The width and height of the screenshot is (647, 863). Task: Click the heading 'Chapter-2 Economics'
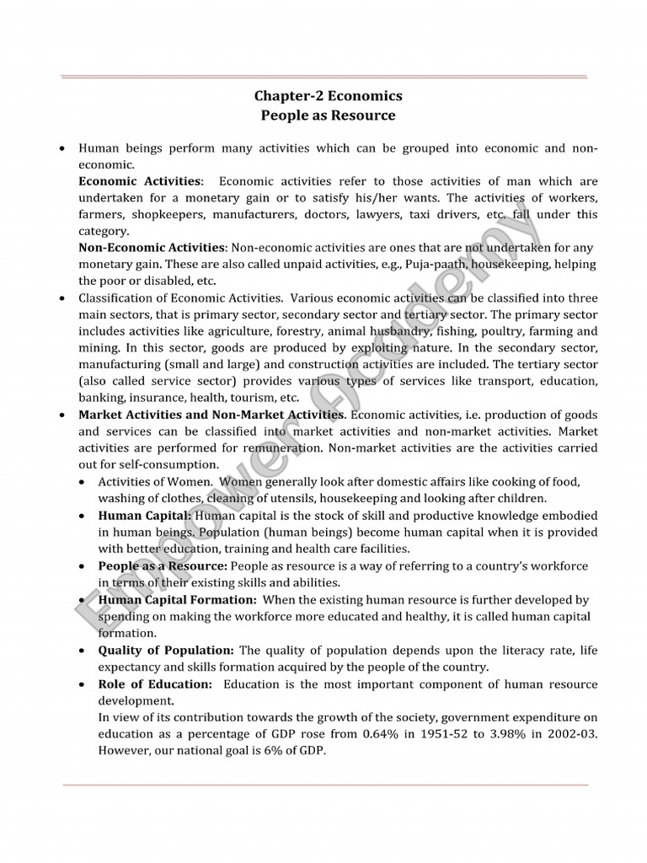(x=328, y=96)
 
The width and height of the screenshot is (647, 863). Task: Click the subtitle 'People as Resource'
(x=328, y=115)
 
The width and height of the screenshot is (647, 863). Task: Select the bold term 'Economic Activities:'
(x=141, y=182)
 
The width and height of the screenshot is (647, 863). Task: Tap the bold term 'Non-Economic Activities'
(x=152, y=248)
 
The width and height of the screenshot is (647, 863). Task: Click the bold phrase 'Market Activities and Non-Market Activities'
(x=211, y=415)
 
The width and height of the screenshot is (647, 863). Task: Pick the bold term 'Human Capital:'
(x=145, y=515)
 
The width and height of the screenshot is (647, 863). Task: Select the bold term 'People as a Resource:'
(x=163, y=566)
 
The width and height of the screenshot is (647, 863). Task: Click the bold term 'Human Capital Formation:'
(x=177, y=600)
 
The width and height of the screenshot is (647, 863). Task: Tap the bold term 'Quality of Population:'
(x=166, y=651)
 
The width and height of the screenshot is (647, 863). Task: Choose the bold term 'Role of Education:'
(x=156, y=684)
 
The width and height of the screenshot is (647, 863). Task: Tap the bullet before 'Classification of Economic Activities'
(x=62, y=298)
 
